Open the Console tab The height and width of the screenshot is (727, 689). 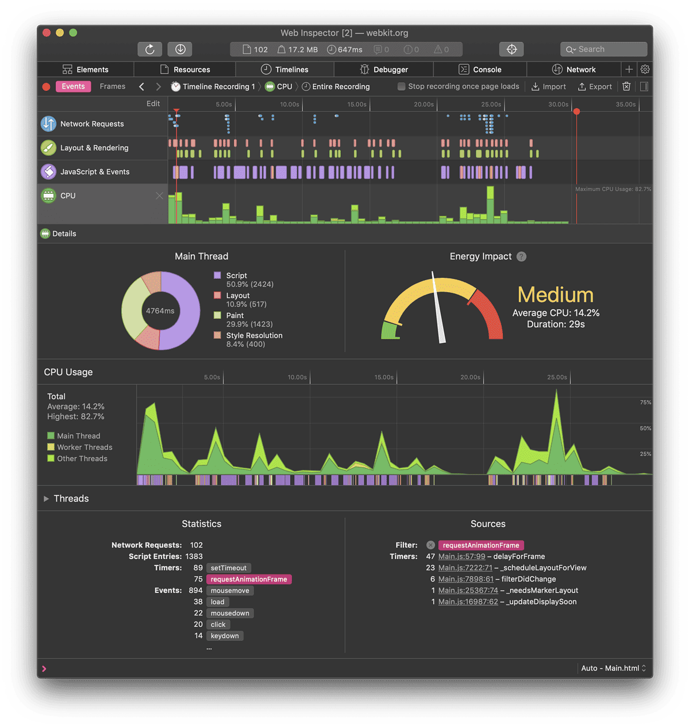(x=480, y=70)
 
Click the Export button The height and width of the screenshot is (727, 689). (x=595, y=86)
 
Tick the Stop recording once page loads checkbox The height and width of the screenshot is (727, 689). (x=402, y=86)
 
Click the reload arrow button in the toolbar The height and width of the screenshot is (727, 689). (x=150, y=49)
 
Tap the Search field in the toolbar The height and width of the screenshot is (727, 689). (x=603, y=49)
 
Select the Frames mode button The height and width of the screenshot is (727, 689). (x=113, y=86)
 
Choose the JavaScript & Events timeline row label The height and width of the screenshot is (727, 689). (x=95, y=171)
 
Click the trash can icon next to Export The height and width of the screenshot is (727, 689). (x=626, y=86)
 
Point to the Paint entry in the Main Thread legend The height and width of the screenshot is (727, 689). (x=235, y=315)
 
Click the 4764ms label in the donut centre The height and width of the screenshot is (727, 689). (x=160, y=311)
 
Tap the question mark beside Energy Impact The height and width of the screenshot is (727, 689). (x=521, y=257)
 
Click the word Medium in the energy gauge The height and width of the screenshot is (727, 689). (x=555, y=294)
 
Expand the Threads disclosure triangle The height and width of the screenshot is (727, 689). (x=47, y=499)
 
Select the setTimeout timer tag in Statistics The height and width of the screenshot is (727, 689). (x=228, y=568)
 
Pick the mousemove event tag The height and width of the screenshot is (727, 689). (x=230, y=591)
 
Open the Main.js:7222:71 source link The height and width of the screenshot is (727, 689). (x=465, y=568)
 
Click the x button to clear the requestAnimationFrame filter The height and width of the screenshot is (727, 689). (x=430, y=545)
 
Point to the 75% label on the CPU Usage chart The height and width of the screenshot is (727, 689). (x=645, y=403)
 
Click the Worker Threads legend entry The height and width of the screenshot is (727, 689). (x=84, y=447)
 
